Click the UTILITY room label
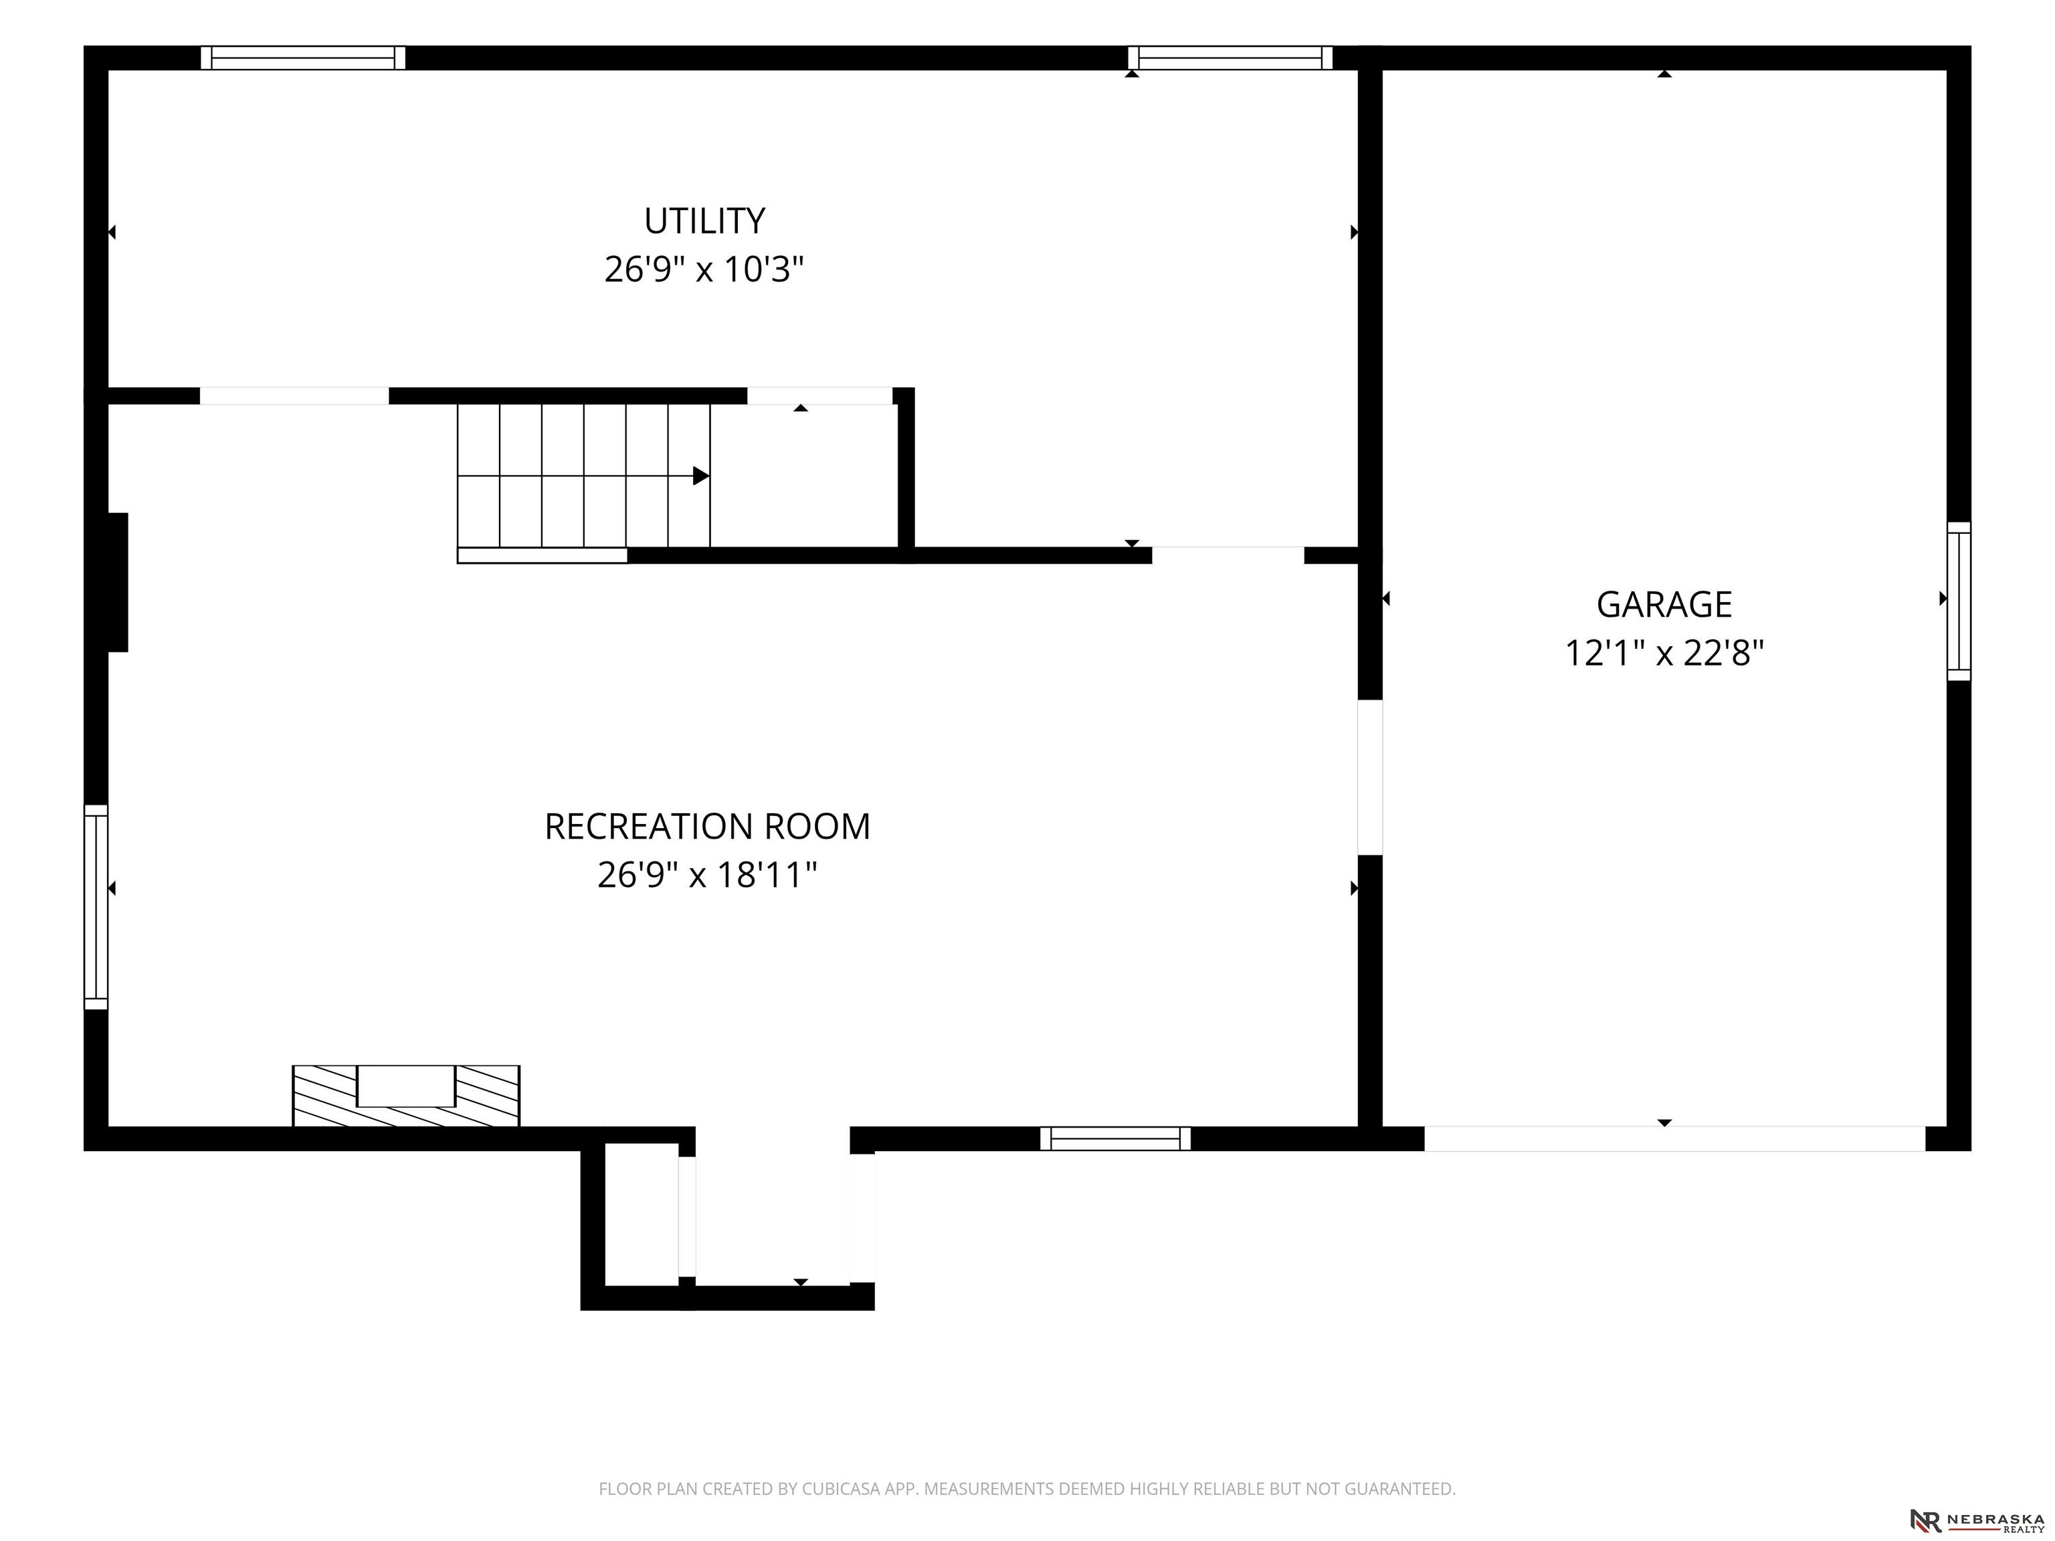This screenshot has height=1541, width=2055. pos(704,221)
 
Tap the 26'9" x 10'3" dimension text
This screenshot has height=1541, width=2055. pos(704,270)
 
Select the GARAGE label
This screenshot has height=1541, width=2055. pos(1664,605)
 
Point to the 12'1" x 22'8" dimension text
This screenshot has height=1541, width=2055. pos(1664,653)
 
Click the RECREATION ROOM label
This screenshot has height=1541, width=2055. pos(707,827)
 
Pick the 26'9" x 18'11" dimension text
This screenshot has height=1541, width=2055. pos(707,875)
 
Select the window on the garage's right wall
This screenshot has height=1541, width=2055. pos(1959,601)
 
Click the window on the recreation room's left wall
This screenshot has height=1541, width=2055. pos(96,906)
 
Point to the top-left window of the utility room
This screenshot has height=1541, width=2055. pos(303,58)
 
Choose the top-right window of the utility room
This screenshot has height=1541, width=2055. pos(1230,58)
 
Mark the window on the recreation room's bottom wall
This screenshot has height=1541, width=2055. pos(1115,1139)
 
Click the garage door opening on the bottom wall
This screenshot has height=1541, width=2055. pos(1674,1139)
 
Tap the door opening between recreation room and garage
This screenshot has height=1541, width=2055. pos(1370,777)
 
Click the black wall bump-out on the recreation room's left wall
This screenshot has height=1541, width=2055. pos(117,583)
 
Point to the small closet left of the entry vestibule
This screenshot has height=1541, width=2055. pos(641,1214)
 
